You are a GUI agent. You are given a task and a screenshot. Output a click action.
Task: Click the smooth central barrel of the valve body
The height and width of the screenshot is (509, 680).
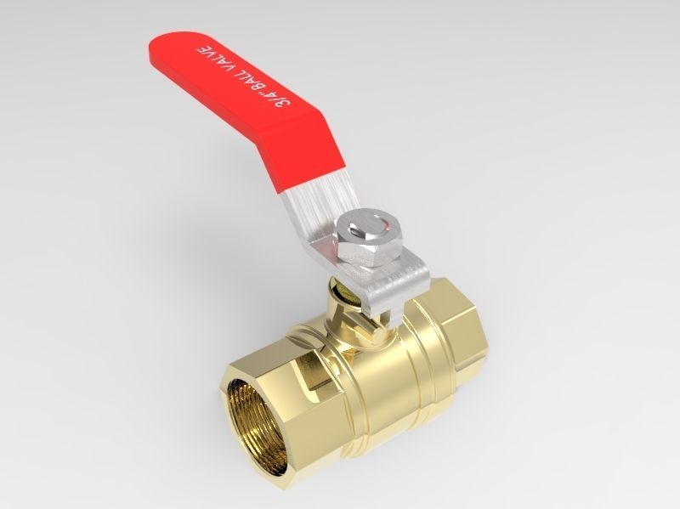pyautogui.click(x=374, y=374)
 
